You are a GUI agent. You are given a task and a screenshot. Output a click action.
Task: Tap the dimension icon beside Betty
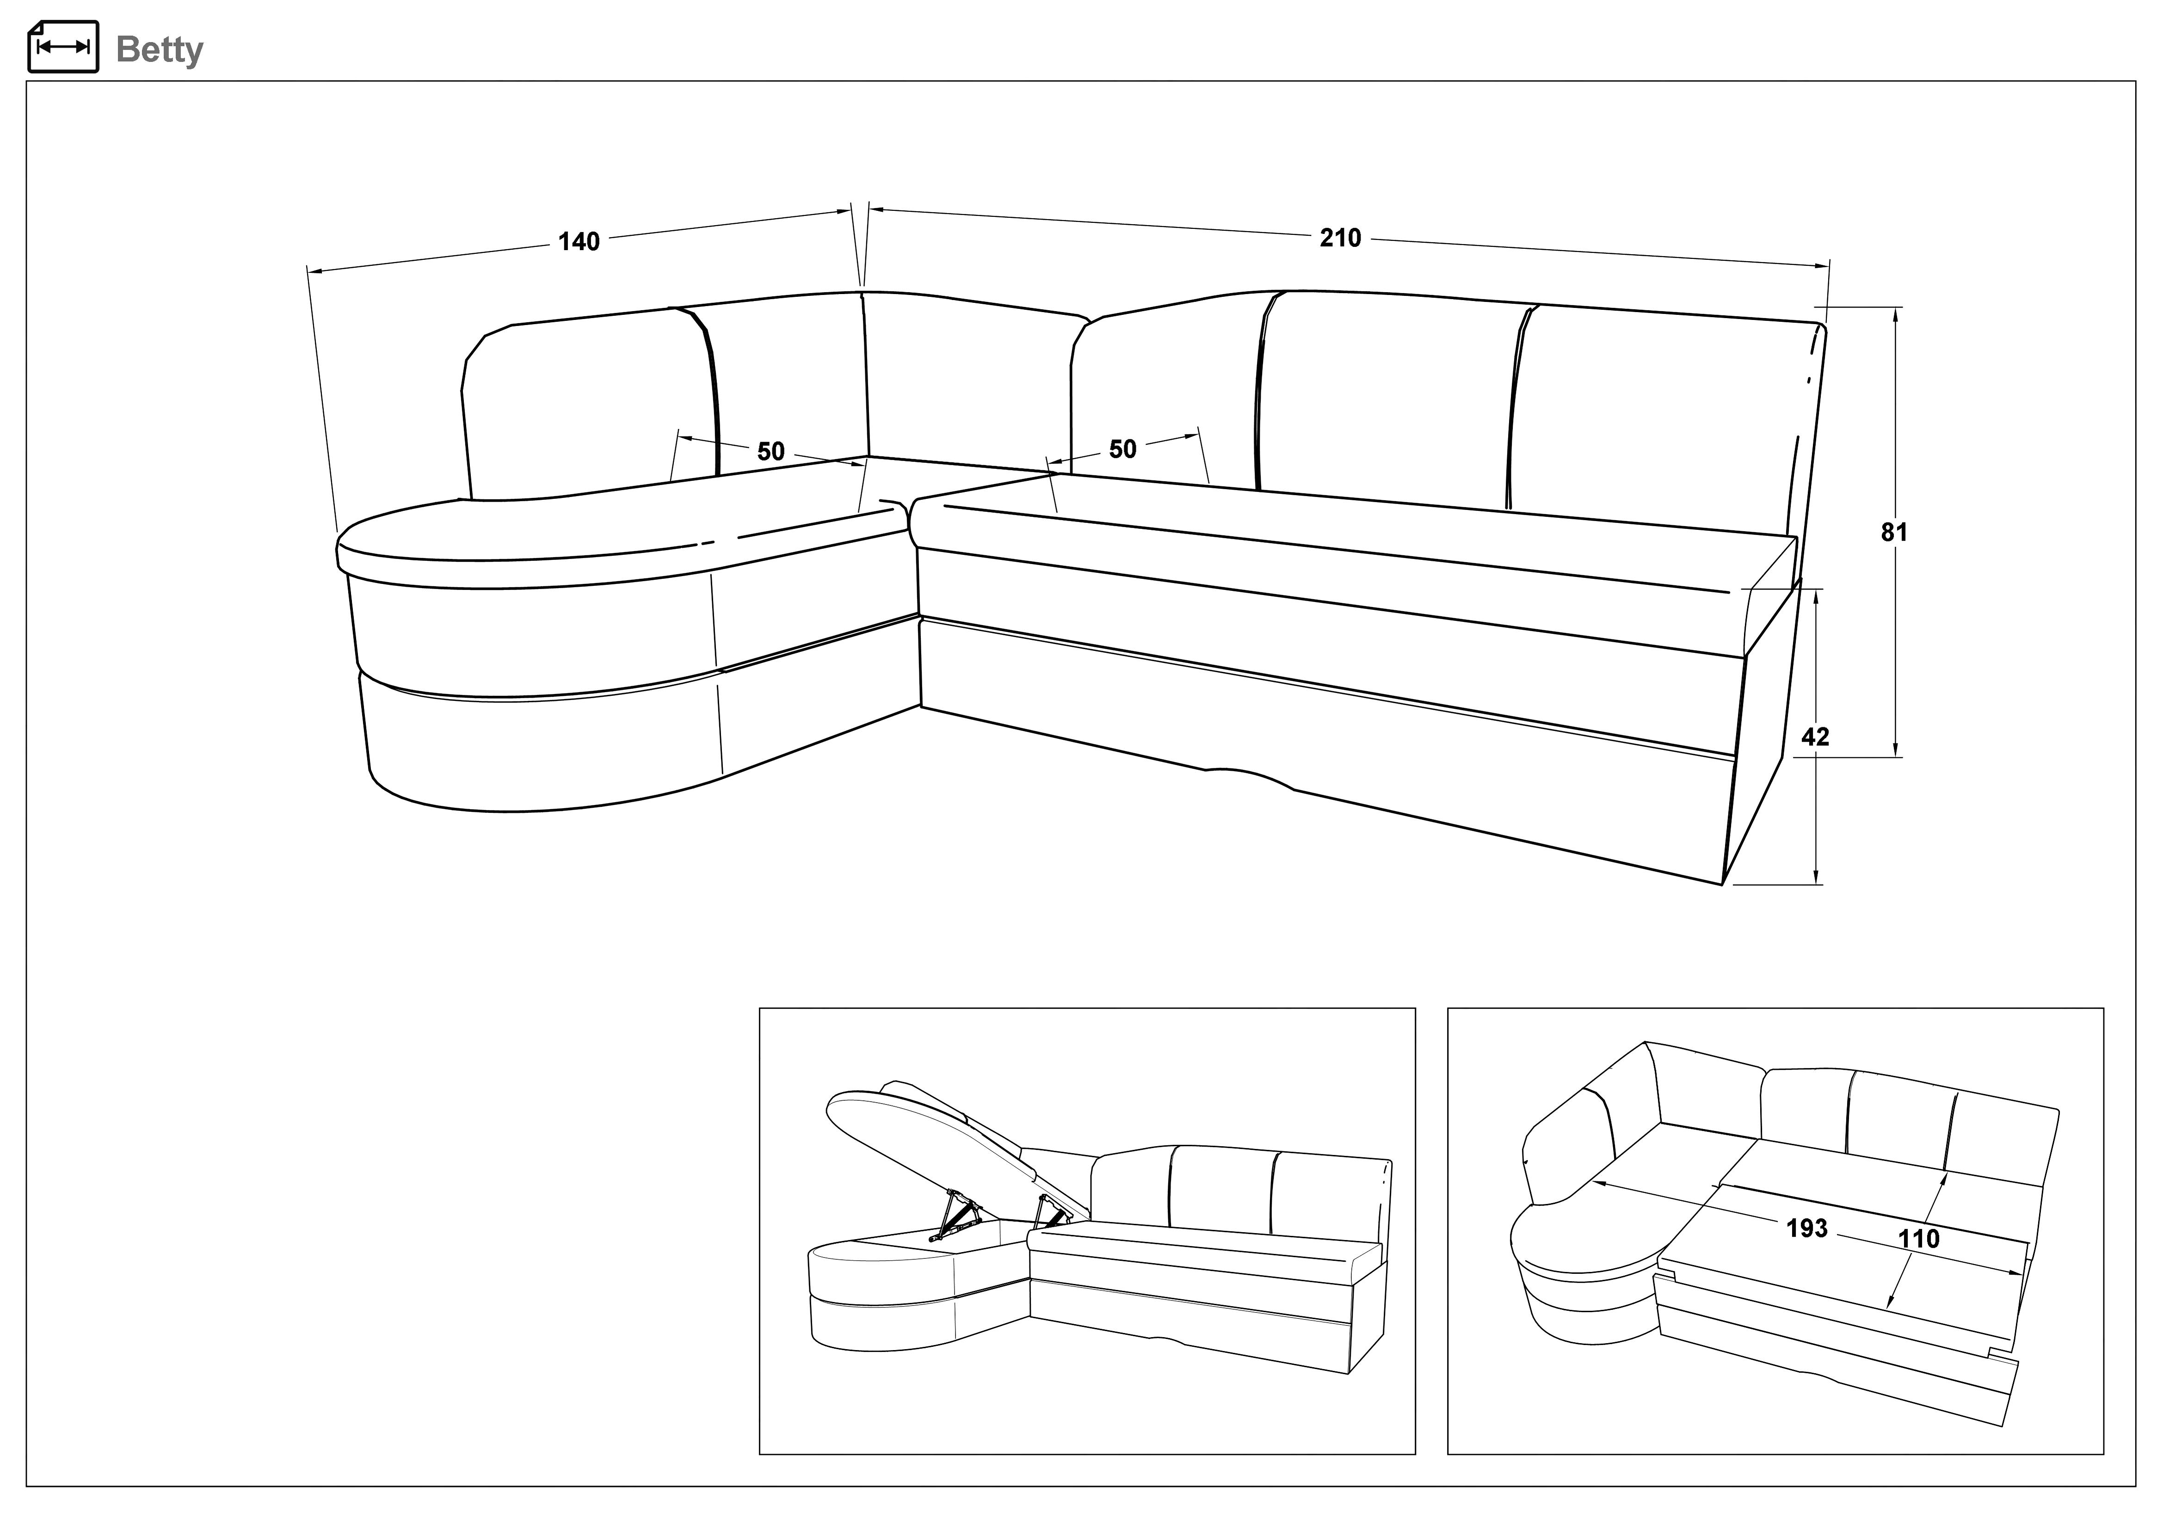coord(63,46)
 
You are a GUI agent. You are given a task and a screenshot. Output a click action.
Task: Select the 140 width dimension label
coord(579,242)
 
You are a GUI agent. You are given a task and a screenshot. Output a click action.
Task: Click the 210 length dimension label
coord(1340,239)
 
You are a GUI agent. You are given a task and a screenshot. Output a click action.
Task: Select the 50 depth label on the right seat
coord(1122,449)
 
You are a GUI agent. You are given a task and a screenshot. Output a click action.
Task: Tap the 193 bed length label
coord(1806,1228)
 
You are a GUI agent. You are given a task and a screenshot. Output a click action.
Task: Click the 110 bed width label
coord(1919,1238)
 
